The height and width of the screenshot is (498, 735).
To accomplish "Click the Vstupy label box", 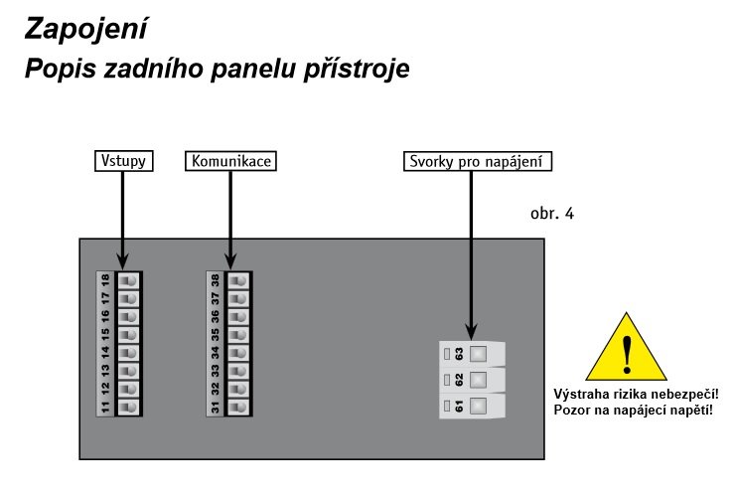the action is [x=124, y=161].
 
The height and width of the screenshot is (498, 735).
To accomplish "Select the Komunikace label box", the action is [x=230, y=161].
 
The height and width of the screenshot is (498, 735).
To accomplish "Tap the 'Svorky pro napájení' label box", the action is [x=478, y=161].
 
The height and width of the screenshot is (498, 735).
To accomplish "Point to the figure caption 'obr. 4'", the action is [x=552, y=214].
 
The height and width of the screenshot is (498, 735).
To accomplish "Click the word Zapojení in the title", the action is [x=85, y=29].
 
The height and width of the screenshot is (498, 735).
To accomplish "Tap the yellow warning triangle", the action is [x=627, y=348].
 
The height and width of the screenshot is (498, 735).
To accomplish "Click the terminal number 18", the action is [x=105, y=280].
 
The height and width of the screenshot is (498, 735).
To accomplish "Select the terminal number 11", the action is [x=105, y=407].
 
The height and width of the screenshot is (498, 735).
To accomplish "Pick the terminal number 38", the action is [x=216, y=280].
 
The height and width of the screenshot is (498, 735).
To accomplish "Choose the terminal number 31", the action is [x=216, y=407].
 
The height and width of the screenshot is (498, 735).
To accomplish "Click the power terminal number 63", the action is [x=459, y=354].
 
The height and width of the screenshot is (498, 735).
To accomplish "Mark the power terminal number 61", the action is [x=459, y=406].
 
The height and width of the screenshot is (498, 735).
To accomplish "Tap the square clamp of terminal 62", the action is [x=478, y=380].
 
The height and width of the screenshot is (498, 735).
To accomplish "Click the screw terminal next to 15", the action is [x=128, y=335].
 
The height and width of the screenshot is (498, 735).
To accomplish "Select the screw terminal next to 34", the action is [x=238, y=353].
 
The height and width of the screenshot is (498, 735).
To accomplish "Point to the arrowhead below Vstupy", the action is [x=123, y=260].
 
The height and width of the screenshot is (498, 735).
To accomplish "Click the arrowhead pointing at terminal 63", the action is [x=472, y=331].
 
